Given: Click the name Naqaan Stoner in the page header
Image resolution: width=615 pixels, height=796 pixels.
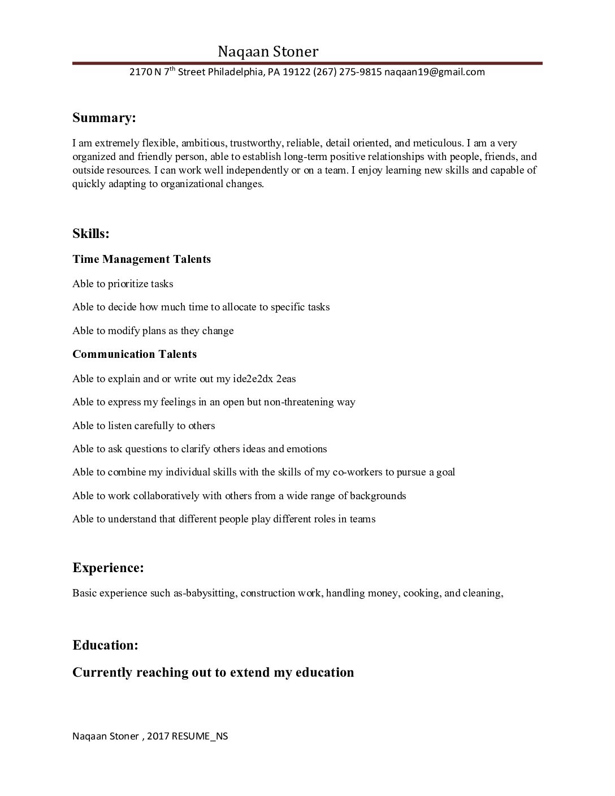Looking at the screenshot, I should (x=268, y=52).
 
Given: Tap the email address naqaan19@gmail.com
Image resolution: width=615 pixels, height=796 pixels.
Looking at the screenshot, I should (x=435, y=72).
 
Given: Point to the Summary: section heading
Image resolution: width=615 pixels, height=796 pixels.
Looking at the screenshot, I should (x=104, y=118).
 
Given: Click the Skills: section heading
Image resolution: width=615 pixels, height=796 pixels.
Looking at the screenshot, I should (x=91, y=233).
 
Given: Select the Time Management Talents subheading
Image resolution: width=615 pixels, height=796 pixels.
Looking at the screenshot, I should (x=141, y=259).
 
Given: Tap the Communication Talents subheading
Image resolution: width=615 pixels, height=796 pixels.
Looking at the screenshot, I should (x=135, y=354).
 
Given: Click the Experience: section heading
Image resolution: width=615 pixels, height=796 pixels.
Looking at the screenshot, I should (x=108, y=568).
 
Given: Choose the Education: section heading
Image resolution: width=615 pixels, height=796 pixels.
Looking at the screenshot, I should (x=105, y=645).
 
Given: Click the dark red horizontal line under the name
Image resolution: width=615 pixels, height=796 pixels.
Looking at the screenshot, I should (x=307, y=63).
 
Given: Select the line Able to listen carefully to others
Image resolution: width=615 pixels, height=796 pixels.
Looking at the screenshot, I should (x=144, y=426).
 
